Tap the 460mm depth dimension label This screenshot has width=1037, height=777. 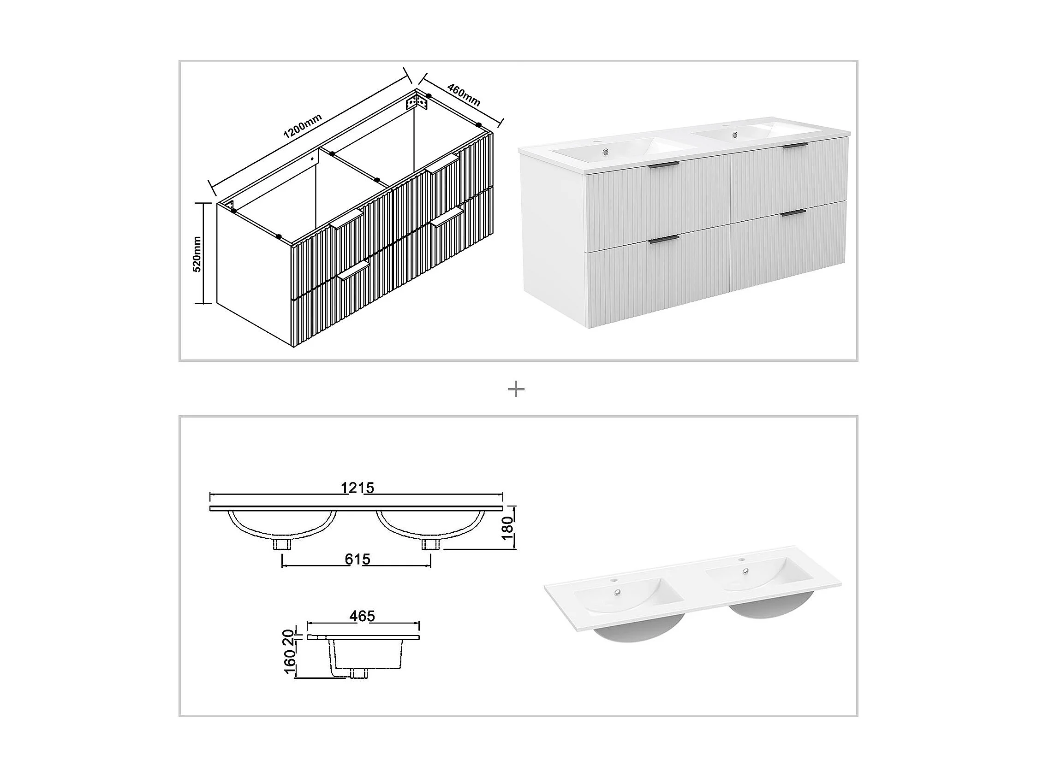click(x=464, y=95)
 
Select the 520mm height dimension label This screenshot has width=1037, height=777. click(x=197, y=254)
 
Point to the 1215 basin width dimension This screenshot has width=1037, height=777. click(x=357, y=488)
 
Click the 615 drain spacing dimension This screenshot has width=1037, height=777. click(x=357, y=559)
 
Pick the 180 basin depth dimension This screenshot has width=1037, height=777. click(x=508, y=528)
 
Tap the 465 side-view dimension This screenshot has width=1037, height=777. click(x=362, y=616)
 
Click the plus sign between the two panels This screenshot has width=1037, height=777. click(x=516, y=389)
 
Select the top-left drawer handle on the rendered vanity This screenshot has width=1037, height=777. click(x=663, y=165)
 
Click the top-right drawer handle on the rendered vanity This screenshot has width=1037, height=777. click(x=794, y=146)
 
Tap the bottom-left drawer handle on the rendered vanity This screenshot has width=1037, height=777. click(x=663, y=239)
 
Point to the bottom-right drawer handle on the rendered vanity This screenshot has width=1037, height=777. click(x=793, y=213)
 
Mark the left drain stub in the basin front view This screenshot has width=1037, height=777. click(x=282, y=544)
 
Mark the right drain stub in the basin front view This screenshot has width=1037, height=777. click(x=430, y=544)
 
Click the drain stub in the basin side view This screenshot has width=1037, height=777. click(x=359, y=674)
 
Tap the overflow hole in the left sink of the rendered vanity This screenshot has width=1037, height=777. click(x=606, y=152)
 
